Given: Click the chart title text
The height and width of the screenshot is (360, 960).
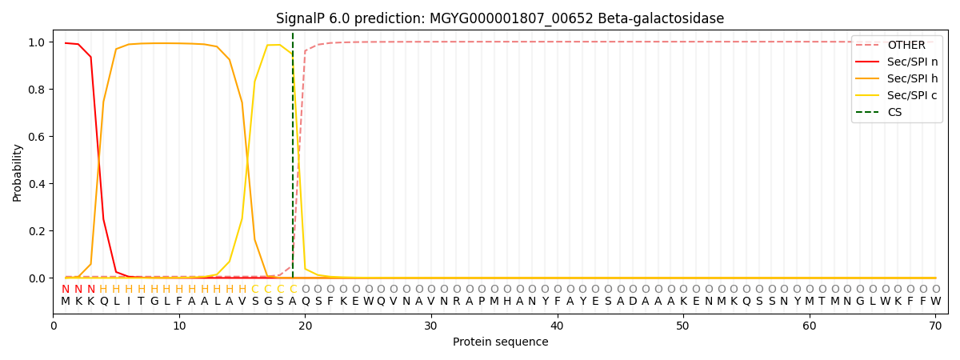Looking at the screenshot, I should (500, 18).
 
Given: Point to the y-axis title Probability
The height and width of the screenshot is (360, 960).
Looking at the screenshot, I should (18, 172).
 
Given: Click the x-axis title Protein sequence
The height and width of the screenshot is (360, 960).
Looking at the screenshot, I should (500, 342).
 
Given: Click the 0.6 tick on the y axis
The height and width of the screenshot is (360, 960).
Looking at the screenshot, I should (38, 137).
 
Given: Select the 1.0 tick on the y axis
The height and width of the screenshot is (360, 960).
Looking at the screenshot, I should (38, 42).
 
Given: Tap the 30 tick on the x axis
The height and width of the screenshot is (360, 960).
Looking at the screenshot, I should (431, 325).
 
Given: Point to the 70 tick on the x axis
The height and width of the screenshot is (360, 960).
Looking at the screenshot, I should (935, 325).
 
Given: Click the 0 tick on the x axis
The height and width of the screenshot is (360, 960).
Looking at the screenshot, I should (54, 325).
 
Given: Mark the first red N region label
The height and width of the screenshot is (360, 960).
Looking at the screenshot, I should (66, 290).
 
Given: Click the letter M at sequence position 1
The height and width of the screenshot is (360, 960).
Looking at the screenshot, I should (66, 302).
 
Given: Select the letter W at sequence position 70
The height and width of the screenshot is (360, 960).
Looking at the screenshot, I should (935, 302).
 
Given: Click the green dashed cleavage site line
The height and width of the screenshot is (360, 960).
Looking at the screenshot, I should (293, 160).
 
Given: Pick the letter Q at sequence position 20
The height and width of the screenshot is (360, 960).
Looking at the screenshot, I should (305, 302).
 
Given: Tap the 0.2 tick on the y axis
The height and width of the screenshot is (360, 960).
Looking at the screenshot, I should (38, 231).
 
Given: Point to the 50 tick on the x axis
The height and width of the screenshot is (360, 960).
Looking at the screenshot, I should (683, 325).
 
